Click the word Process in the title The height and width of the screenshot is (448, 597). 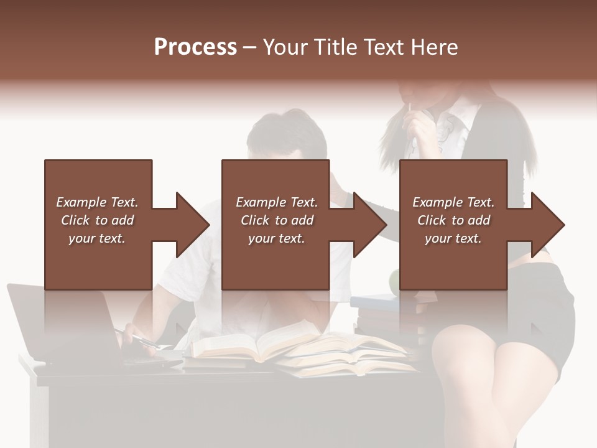[x=195, y=47]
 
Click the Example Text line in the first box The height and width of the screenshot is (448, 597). [x=97, y=202]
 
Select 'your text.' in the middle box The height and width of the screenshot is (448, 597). [x=276, y=238]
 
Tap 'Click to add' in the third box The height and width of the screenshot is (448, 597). [x=454, y=220]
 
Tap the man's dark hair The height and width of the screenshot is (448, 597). [x=286, y=134]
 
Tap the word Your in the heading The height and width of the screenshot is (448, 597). [x=283, y=47]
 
